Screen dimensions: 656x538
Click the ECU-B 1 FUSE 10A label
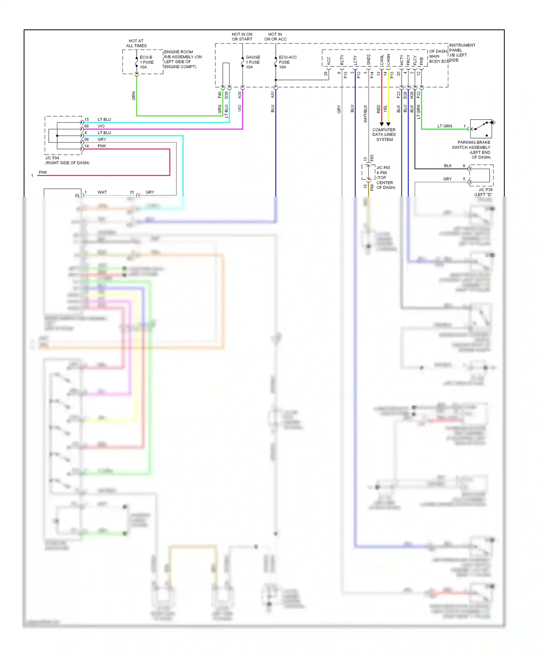point(146,62)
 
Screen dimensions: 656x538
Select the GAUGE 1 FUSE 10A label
point(253,62)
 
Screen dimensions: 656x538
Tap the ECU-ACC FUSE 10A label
point(287,62)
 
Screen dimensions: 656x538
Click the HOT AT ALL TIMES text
point(136,43)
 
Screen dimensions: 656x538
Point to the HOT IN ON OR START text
point(242,37)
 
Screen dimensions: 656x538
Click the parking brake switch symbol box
point(481,129)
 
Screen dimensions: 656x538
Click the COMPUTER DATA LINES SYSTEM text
point(384,135)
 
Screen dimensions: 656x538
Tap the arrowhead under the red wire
point(382,124)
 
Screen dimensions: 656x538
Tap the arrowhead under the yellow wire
point(388,124)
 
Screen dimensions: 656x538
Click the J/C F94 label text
point(52,158)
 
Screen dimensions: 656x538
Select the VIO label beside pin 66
point(101,126)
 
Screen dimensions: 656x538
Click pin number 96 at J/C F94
point(86,139)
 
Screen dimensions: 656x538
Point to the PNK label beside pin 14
point(102,146)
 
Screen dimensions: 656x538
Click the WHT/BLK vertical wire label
point(365,114)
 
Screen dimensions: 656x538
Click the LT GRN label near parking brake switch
point(445,126)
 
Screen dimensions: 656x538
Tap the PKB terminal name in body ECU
point(421,61)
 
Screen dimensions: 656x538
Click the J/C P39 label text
point(485,189)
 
